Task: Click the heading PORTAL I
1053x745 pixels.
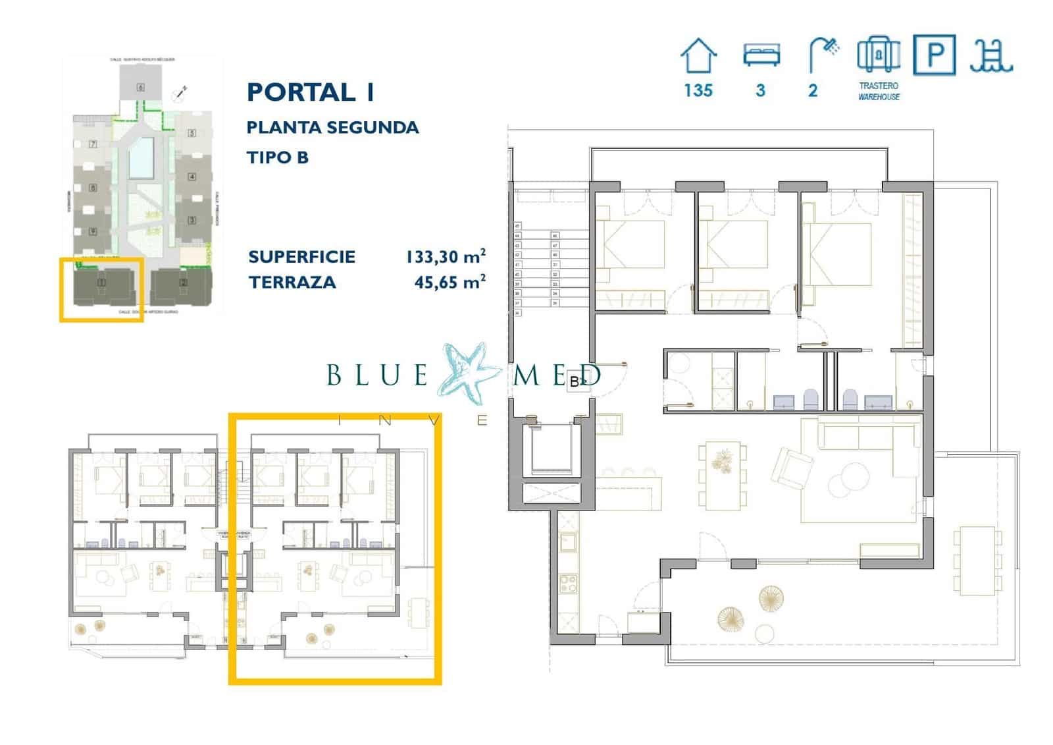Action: pyautogui.click(x=311, y=92)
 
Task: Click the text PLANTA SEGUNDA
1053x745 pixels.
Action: pyautogui.click(x=332, y=127)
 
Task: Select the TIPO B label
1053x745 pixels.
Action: pyautogui.click(x=277, y=157)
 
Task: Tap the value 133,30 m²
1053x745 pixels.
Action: pyautogui.click(x=446, y=256)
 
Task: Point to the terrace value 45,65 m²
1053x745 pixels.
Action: pyautogui.click(x=449, y=282)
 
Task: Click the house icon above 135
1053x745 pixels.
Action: pyautogui.click(x=698, y=56)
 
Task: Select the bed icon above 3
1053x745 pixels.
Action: pyautogui.click(x=761, y=55)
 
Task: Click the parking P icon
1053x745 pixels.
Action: pyautogui.click(x=934, y=55)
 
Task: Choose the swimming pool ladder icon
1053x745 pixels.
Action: pyautogui.click(x=990, y=56)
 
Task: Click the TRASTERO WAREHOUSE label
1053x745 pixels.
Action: pyautogui.click(x=879, y=91)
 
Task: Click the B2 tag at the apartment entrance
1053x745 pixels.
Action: pyautogui.click(x=577, y=381)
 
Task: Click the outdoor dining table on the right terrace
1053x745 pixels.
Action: pyautogui.click(x=977, y=560)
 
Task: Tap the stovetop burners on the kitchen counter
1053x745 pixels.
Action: pyautogui.click(x=568, y=583)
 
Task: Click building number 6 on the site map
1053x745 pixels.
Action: pyautogui.click(x=140, y=87)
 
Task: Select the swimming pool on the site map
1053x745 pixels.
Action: pyautogui.click(x=141, y=159)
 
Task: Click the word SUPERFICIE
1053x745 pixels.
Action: pyautogui.click(x=301, y=256)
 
